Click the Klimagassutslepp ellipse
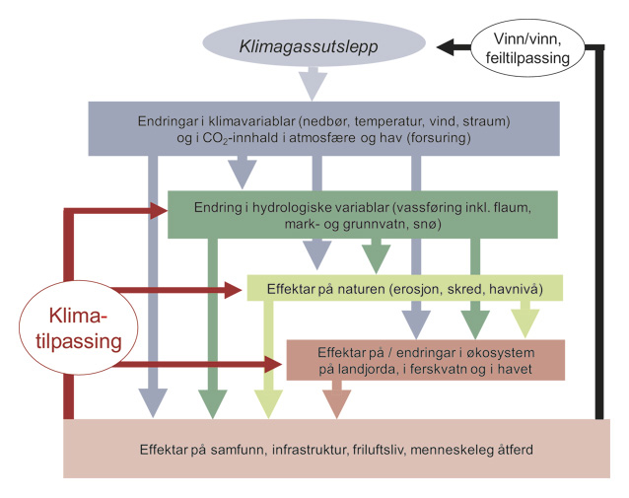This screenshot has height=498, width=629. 313,45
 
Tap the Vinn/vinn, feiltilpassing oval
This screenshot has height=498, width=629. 532,46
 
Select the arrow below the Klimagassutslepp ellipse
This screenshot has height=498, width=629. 313,84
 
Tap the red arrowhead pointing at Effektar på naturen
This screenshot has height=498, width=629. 234,289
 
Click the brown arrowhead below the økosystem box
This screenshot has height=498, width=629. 337,401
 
